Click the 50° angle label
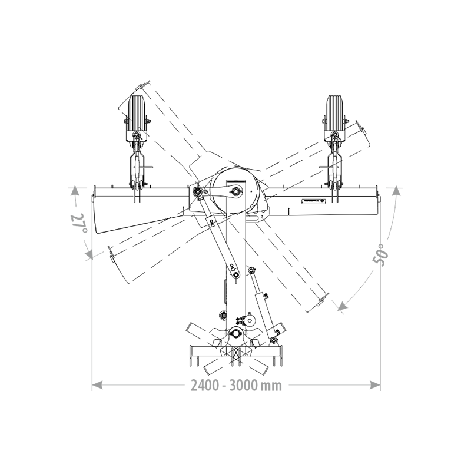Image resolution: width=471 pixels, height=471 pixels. coord(382,255)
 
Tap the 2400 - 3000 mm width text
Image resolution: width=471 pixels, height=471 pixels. coord(236,386)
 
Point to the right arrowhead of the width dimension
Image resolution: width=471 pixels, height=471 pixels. coord(375,385)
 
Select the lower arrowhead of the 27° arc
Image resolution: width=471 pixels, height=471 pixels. coord(89,255)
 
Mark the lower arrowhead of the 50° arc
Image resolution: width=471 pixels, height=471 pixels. coord(341,306)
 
